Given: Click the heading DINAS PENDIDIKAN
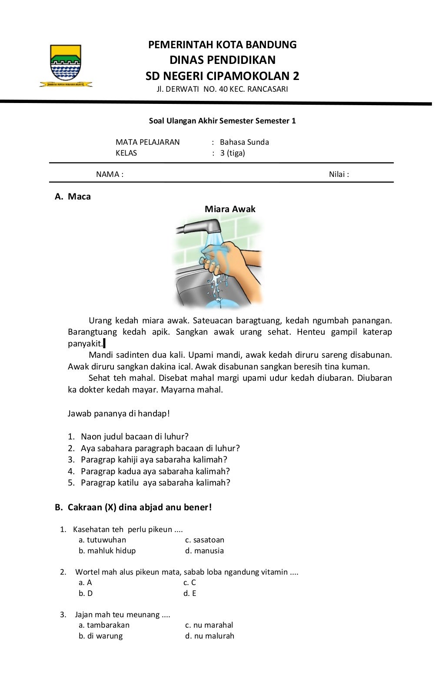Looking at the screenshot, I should point(222,60).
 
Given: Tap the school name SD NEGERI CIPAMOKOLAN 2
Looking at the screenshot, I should point(222,76).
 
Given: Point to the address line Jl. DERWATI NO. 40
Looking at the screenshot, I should point(222,90).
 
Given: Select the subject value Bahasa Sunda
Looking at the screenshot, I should point(244,142).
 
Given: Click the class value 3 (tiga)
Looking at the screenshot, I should point(232,153).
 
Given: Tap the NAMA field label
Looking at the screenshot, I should point(110,174).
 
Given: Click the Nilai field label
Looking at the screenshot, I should point(339,174).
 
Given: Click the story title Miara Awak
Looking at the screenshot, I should point(230,209).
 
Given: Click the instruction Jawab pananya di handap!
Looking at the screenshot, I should point(119,413).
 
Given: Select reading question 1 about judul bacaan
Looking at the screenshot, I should point(134,436).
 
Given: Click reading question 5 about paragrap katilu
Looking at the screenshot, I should point(155,482).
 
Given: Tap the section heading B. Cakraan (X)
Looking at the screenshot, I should point(133,507).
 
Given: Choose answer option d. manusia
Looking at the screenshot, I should point(204,551).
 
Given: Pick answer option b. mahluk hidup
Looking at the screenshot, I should point(107,551).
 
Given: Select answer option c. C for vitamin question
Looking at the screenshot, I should point(189,582).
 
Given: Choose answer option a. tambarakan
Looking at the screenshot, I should point(104,625).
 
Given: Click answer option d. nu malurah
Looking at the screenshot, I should point(209,636).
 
